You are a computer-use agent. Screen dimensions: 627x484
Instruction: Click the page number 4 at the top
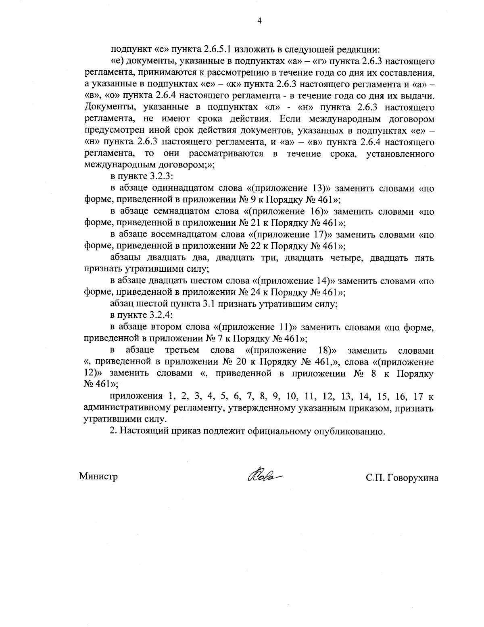[x=259, y=21]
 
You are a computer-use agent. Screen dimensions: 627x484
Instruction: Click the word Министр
[x=98, y=476]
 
